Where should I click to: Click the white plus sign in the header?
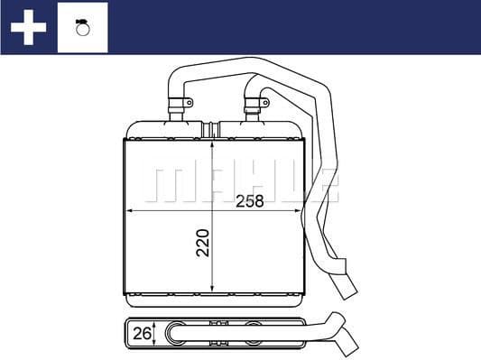[28, 27]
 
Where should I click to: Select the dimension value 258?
[249, 201]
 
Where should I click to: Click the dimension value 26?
[140, 334]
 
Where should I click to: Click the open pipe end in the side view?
[347, 342]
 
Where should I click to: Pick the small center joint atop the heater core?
[213, 129]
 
